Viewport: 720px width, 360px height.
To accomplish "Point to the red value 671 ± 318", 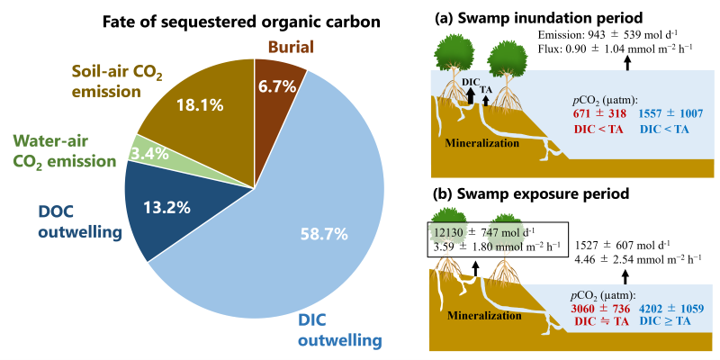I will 596,114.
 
